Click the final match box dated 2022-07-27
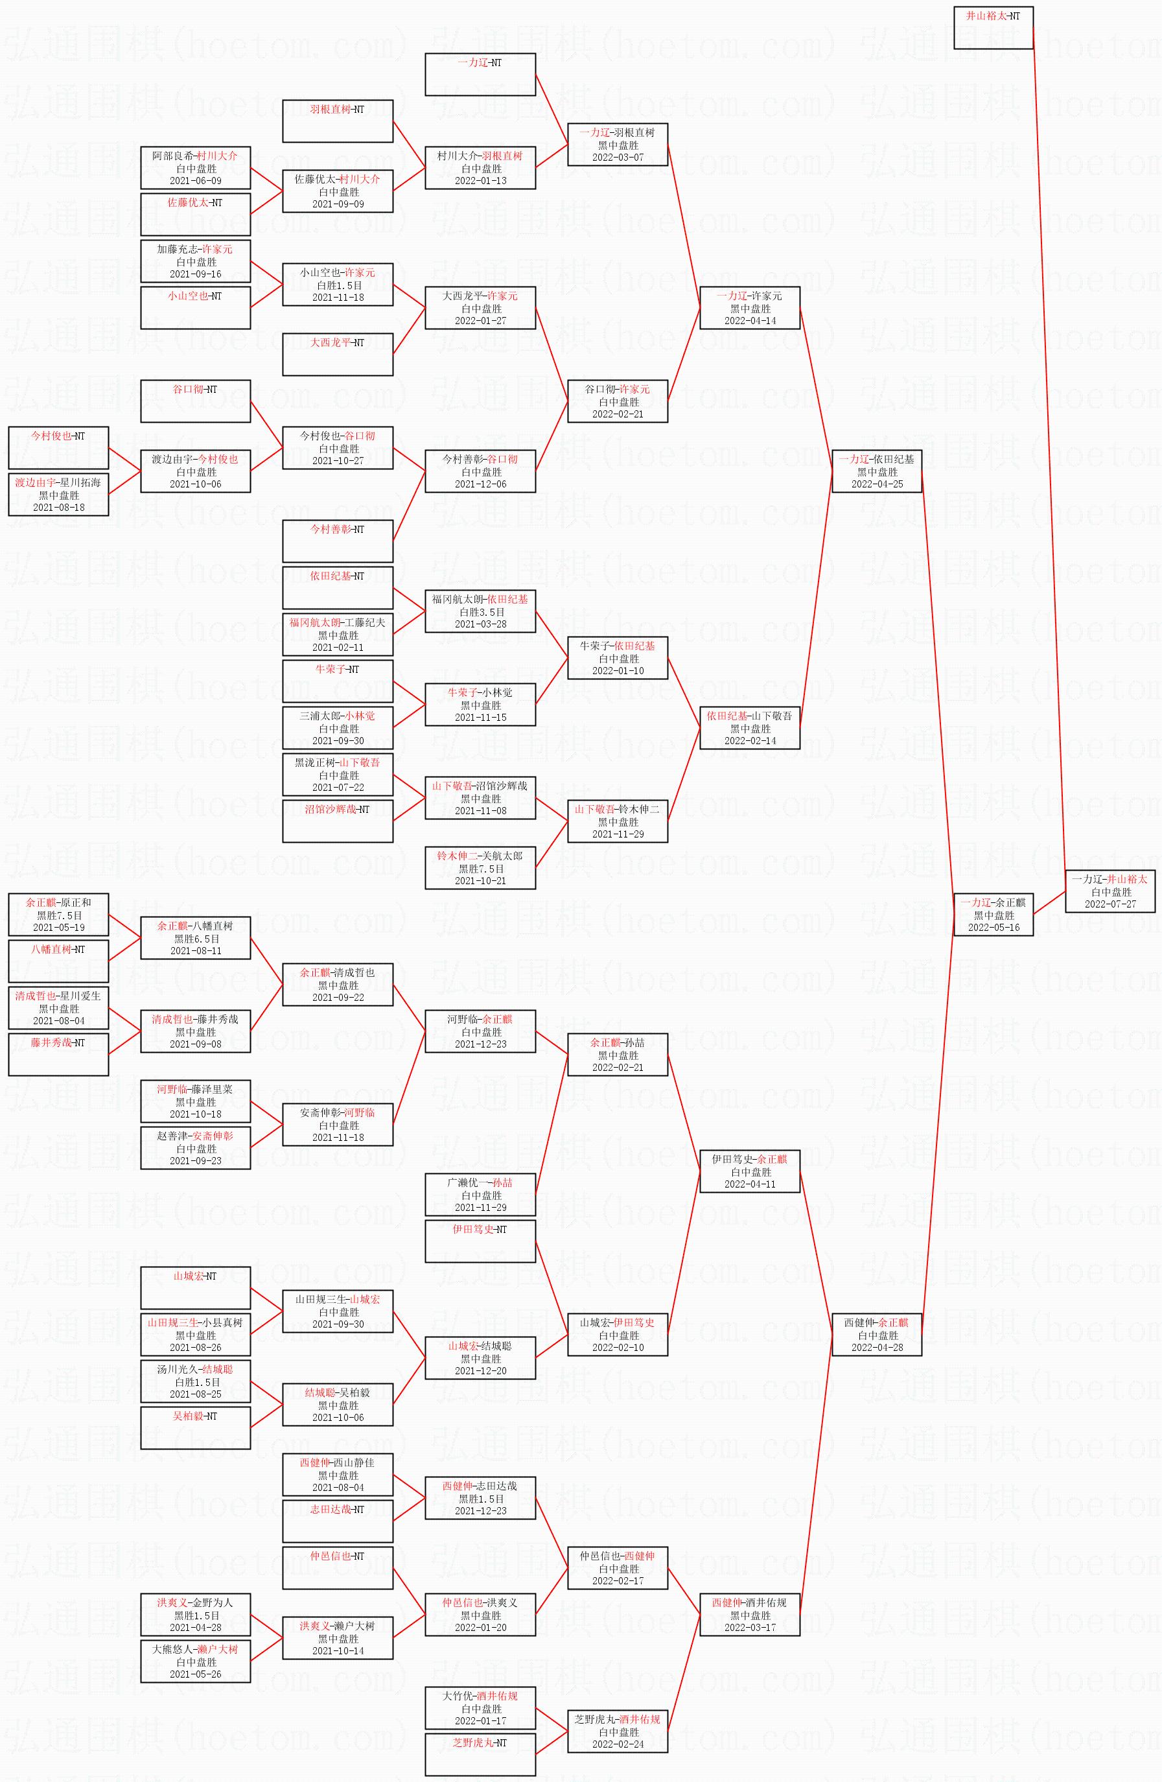coord(1110,891)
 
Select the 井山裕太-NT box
coord(993,28)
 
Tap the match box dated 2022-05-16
coord(993,914)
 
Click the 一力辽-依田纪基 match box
coord(876,471)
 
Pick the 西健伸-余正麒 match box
coord(876,1334)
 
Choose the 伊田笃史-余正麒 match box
coord(749,1171)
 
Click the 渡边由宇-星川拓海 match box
coord(58,494)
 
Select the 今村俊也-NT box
coord(58,448)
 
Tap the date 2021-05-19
coord(58,928)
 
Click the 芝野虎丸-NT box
coord(480,1753)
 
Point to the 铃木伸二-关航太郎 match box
coord(480,868)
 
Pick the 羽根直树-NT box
coord(337,121)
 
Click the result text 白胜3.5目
coord(480,612)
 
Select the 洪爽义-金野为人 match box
coord(196,1614)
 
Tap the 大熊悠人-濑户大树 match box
coord(196,1661)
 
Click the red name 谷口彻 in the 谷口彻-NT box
coord(188,390)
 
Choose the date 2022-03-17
coord(749,1627)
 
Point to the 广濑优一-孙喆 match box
coord(480,1194)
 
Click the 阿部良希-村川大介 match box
coord(196,168)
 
